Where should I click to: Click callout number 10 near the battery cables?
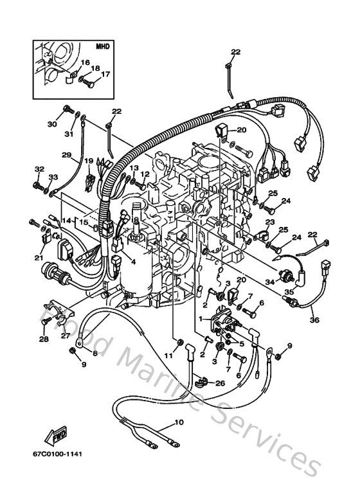[178, 423]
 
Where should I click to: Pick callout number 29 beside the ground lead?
[66, 155]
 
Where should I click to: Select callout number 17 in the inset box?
[106, 74]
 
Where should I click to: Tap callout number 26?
[221, 384]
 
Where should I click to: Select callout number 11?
[168, 356]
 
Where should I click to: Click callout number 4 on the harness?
[132, 262]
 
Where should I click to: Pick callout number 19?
[89, 161]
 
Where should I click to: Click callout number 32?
[39, 170]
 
